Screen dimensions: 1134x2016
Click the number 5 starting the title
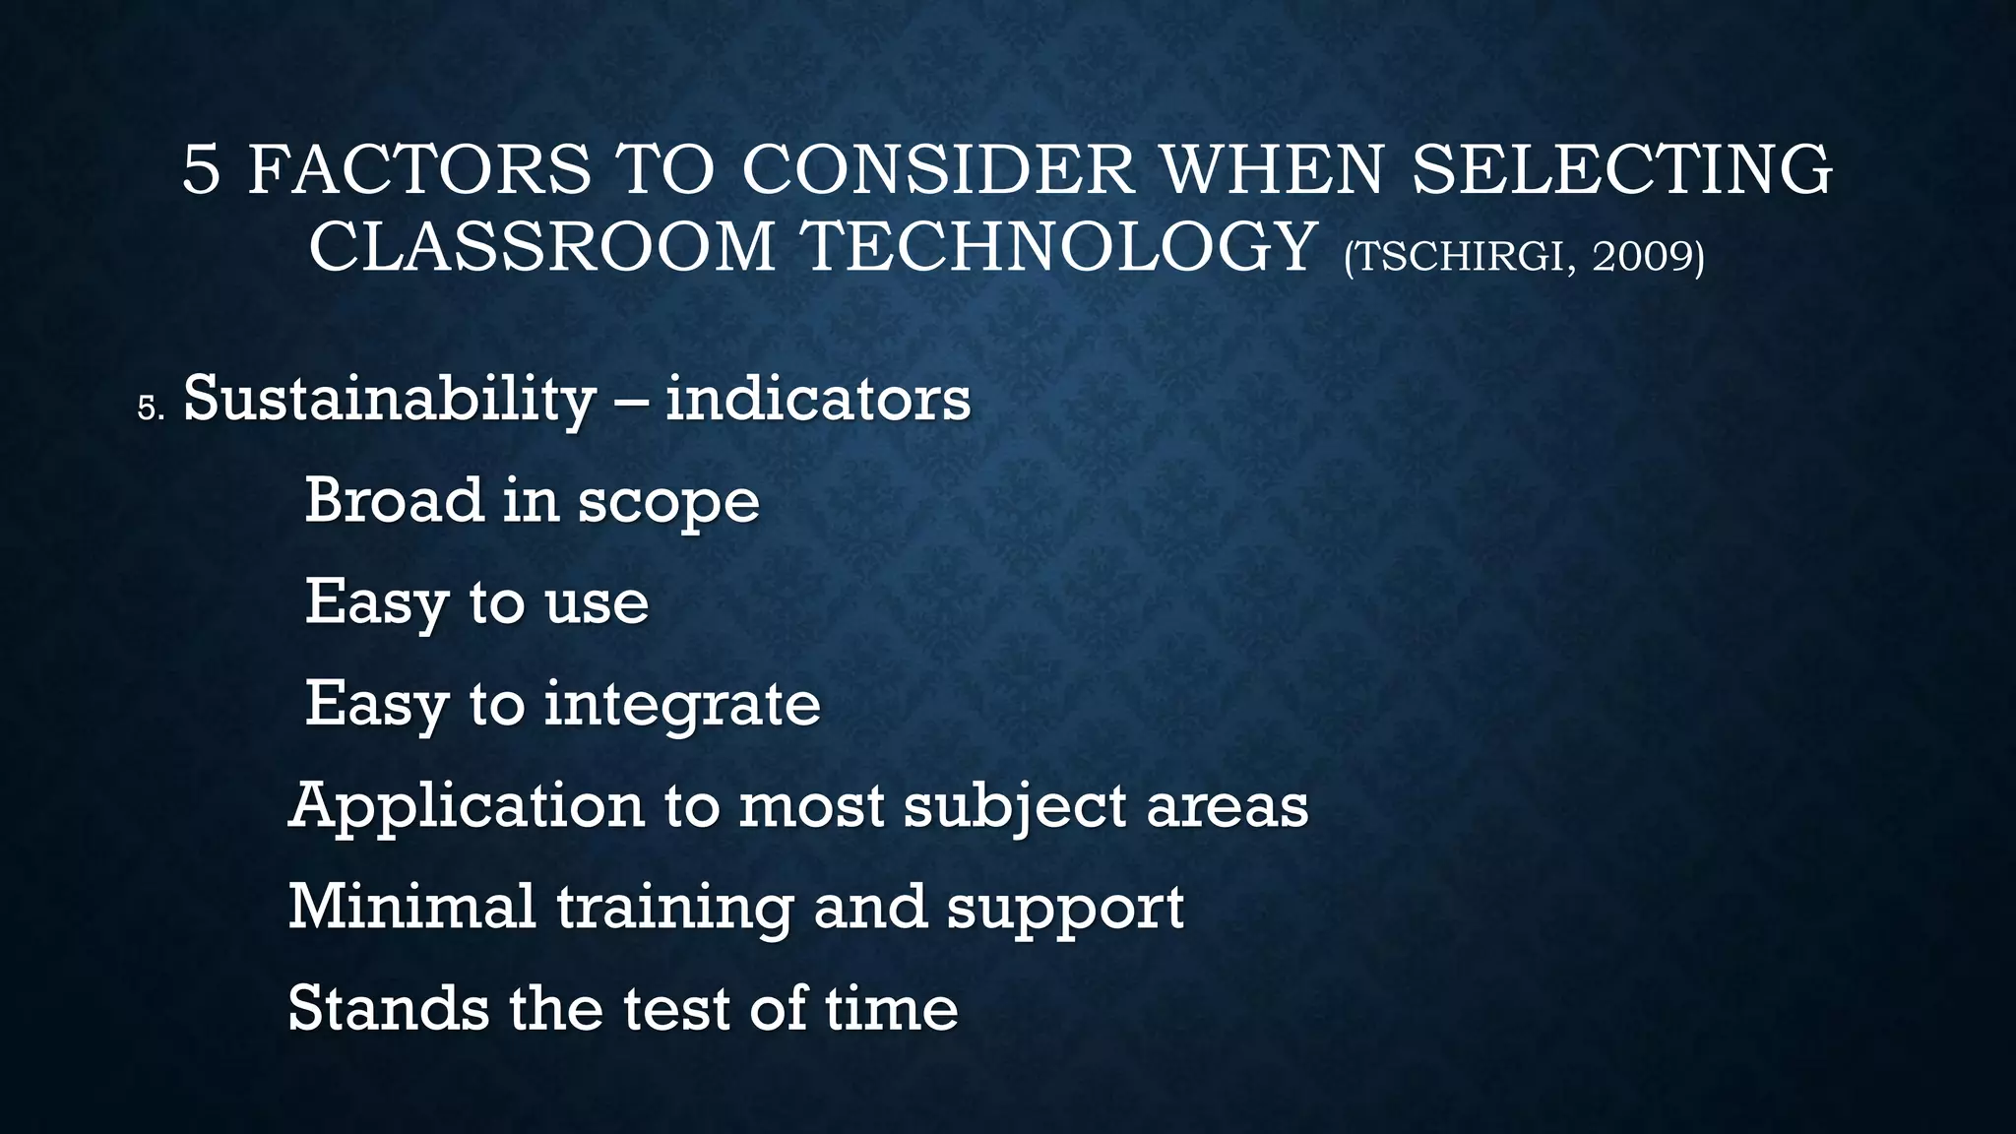[x=201, y=169]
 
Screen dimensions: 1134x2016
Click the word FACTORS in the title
[x=419, y=169]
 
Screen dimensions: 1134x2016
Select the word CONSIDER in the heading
[x=938, y=169]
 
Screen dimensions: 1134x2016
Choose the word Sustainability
[x=390, y=400]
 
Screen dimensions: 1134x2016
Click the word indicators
[x=818, y=400]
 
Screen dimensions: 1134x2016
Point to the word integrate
[x=682, y=706]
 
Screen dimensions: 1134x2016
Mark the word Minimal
[x=411, y=906]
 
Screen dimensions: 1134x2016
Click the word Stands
[x=388, y=1008]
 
